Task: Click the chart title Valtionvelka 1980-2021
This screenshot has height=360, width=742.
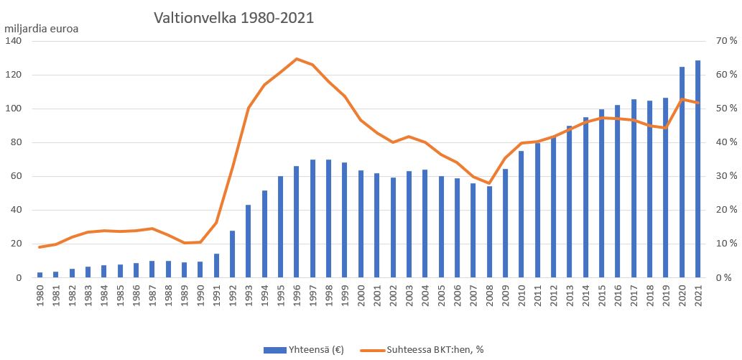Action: tap(233, 18)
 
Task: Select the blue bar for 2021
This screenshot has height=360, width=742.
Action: tap(697, 169)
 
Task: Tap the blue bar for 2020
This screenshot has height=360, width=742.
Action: tap(682, 172)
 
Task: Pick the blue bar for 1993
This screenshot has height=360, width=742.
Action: tap(249, 241)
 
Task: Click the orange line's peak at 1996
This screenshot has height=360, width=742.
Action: tap(297, 59)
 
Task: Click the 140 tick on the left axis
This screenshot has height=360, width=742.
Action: tap(14, 42)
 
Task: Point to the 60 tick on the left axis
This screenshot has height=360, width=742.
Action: tap(17, 176)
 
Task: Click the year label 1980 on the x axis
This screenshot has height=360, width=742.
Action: tap(40, 298)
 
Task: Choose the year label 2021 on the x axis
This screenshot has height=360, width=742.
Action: tap(697, 298)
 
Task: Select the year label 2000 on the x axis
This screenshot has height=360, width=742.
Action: tap(361, 298)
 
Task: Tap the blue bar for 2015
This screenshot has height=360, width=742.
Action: tap(601, 193)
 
